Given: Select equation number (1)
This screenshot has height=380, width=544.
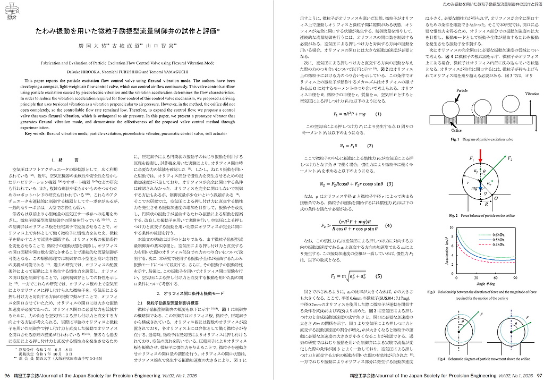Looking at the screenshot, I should pos(378,114).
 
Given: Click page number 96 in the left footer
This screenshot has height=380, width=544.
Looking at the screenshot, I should pos(7,376).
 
